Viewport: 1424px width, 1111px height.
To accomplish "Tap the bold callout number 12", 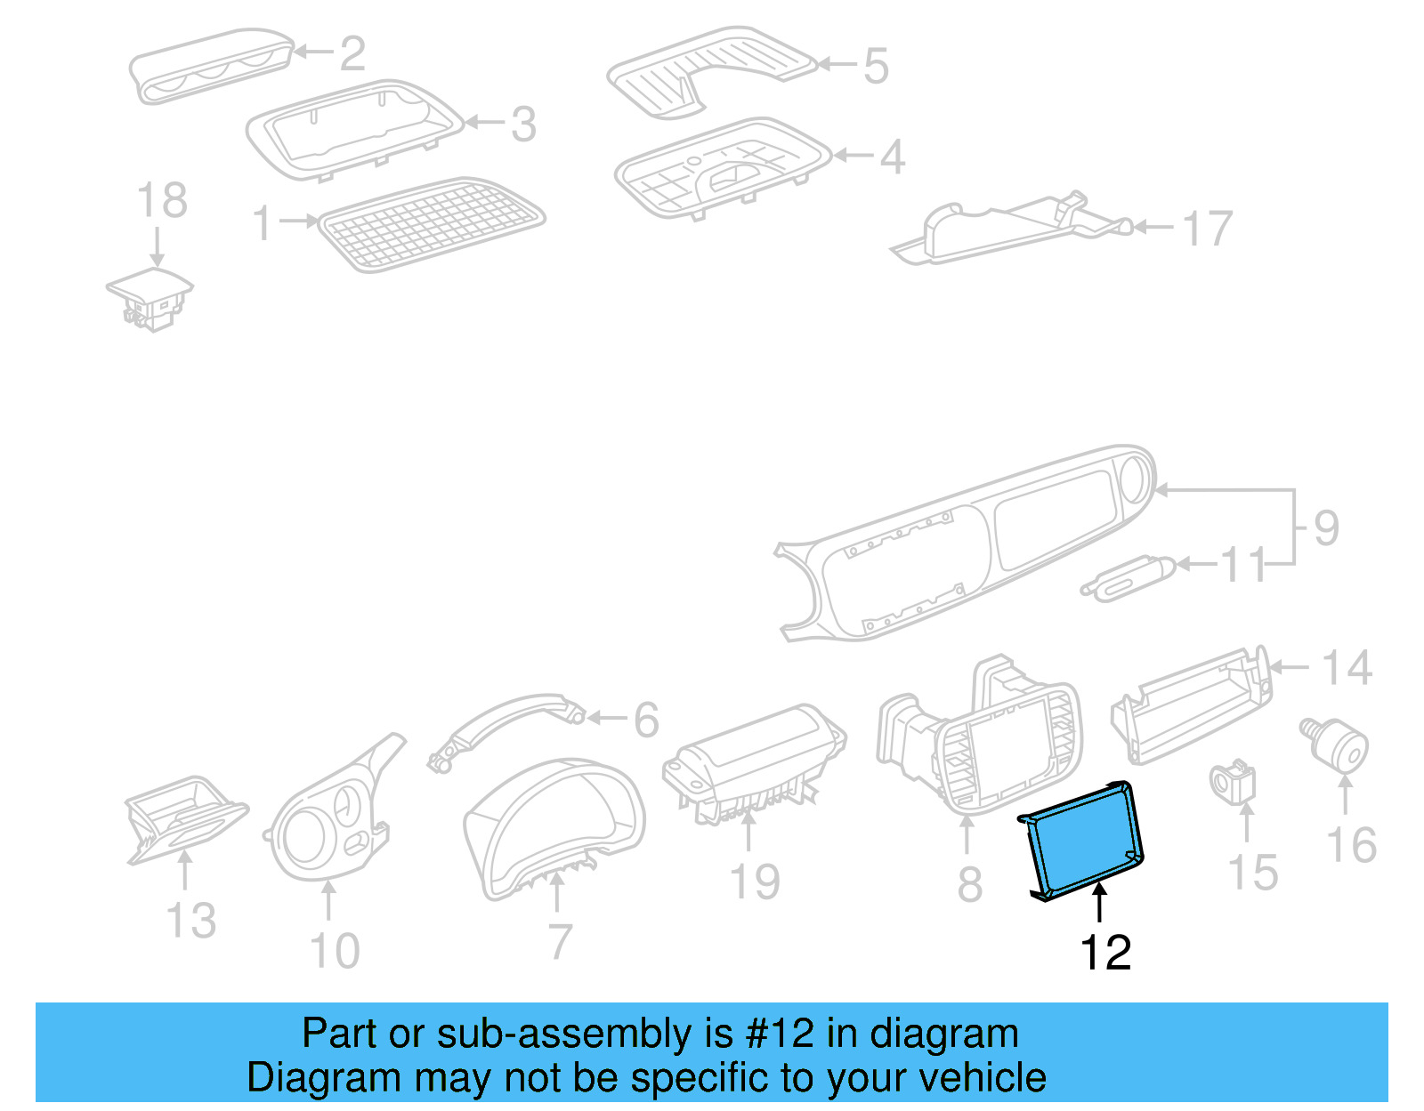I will tap(1104, 953).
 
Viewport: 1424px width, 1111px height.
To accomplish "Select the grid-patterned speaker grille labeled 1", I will tap(432, 224).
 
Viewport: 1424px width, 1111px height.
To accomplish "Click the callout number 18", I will tap(162, 200).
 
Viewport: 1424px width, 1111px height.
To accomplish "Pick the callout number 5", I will tap(876, 67).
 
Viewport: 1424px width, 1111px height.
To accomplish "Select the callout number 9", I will tap(1325, 528).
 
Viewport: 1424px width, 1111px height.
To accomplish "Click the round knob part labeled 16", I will tap(1339, 746).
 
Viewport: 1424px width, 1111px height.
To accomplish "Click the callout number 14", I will tap(1346, 668).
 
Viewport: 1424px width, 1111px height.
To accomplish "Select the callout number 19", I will tap(754, 882).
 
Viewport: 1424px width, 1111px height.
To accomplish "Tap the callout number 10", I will tap(335, 951).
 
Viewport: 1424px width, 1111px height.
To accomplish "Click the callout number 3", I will tap(523, 125).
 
